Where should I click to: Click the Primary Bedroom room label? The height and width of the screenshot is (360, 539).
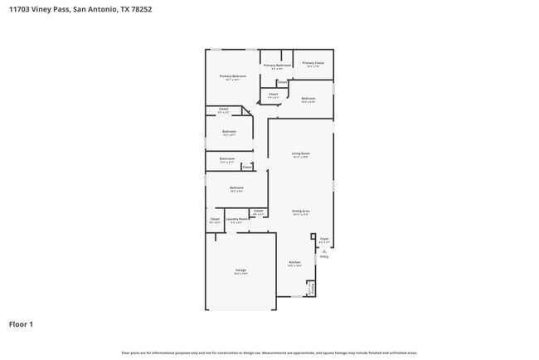point(233,75)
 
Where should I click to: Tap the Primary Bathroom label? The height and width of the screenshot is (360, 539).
point(277,65)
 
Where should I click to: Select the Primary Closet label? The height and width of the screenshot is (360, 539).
point(313,62)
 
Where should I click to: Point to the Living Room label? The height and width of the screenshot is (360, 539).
point(300,153)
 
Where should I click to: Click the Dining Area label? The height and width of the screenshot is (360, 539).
point(300,211)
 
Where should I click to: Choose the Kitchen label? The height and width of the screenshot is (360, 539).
point(294,262)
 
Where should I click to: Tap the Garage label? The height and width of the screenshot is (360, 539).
point(240,270)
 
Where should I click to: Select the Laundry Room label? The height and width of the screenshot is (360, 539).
point(236,219)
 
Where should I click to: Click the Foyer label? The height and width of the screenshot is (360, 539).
point(324,239)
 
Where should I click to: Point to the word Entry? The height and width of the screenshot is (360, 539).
point(324,256)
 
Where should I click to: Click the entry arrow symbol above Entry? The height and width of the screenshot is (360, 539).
point(324,250)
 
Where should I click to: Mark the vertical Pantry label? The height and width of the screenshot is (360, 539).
point(310,288)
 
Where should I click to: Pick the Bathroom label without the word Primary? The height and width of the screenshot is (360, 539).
point(226,158)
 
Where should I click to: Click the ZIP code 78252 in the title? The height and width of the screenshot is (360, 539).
point(138,9)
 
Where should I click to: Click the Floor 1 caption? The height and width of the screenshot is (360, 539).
point(21,324)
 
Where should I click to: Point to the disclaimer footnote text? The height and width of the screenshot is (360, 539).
point(269,353)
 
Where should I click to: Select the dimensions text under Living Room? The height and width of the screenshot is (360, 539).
point(300,157)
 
